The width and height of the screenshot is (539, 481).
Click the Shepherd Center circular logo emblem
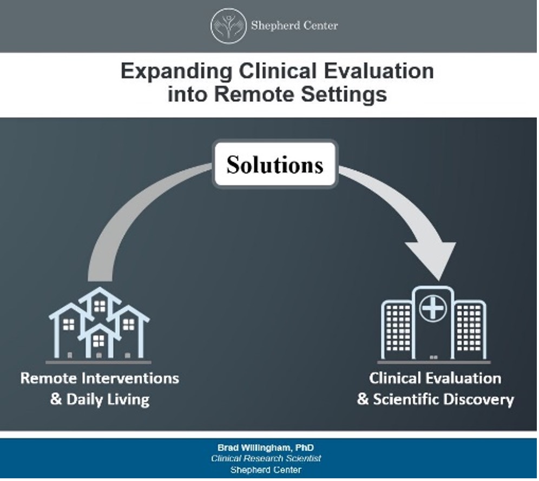228,25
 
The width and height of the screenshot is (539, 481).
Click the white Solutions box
274,164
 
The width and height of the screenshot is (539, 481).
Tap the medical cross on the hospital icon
432,309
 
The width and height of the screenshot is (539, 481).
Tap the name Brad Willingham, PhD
265,448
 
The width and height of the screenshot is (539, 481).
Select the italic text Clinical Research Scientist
265,458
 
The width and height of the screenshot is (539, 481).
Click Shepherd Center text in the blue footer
265,470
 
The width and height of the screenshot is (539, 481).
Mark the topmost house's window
99,306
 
